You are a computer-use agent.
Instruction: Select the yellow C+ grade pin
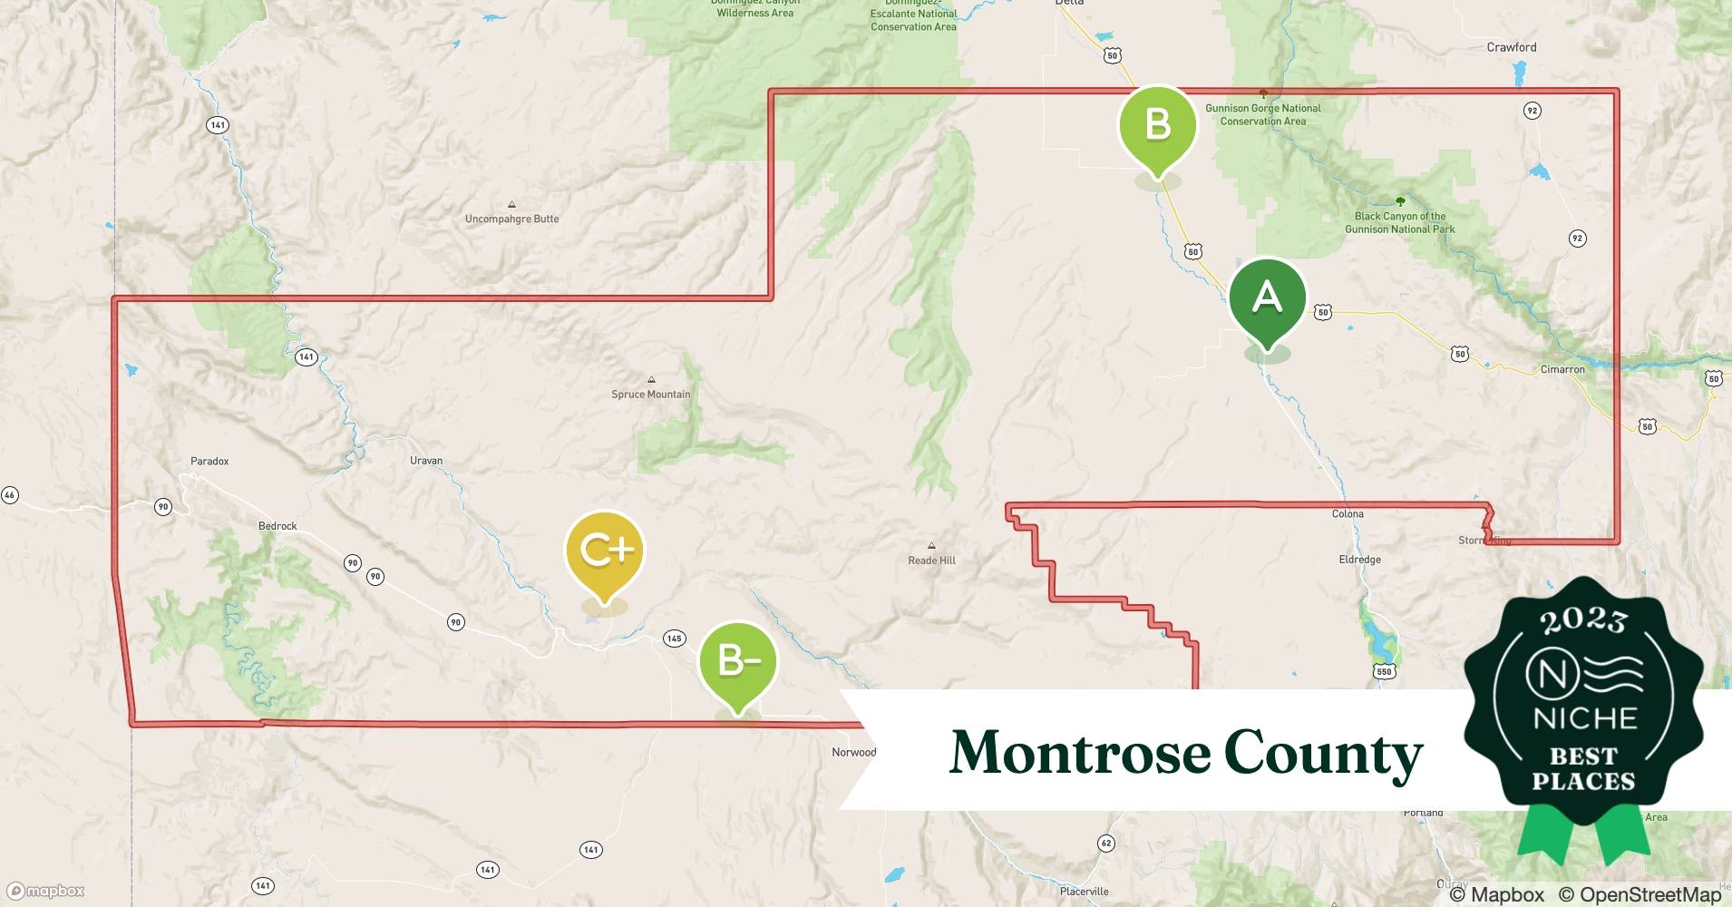point(605,551)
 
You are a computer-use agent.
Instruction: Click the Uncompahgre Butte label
point(511,219)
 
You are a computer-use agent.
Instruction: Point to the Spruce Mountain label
point(650,395)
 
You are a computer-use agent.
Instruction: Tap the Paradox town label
point(209,461)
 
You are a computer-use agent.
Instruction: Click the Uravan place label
point(426,461)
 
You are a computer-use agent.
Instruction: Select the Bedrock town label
point(277,526)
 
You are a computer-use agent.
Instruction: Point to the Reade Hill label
point(931,561)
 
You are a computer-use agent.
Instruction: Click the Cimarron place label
point(1562,370)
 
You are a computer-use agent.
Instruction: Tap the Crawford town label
point(1512,47)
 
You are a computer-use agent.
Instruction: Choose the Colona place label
point(1348,514)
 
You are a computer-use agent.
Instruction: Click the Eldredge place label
point(1359,560)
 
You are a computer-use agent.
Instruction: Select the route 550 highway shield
point(1384,671)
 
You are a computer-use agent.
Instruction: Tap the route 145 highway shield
point(674,639)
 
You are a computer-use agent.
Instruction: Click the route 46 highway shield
point(10,495)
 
